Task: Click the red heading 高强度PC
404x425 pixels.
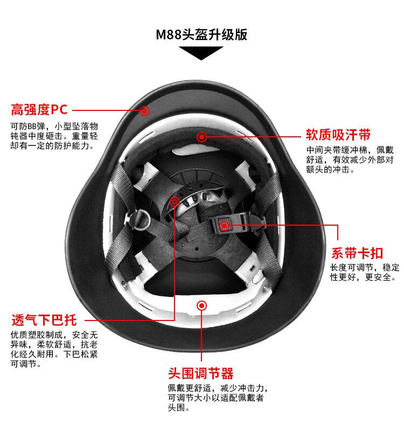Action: click(x=39, y=110)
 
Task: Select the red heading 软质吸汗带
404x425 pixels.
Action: click(x=338, y=134)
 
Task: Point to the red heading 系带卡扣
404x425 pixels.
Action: click(x=357, y=253)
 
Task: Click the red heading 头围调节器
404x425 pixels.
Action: click(x=200, y=373)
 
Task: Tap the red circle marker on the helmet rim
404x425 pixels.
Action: click(x=144, y=111)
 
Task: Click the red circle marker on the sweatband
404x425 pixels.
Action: click(x=201, y=137)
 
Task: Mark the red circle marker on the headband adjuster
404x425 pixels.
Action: click(x=201, y=305)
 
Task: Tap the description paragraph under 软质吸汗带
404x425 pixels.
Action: click(x=350, y=159)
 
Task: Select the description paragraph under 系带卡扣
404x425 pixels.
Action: click(x=365, y=273)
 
